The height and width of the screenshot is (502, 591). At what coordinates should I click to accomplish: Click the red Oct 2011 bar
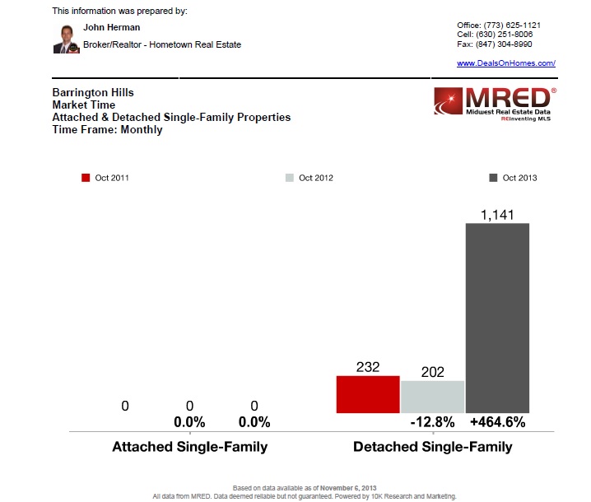pyautogui.click(x=368, y=394)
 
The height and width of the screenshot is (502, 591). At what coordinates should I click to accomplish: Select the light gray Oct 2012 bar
pyautogui.click(x=432, y=397)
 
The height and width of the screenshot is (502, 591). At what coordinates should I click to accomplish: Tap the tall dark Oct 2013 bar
pyautogui.click(x=497, y=318)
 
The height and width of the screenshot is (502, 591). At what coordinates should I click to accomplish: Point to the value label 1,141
pyautogui.click(x=497, y=214)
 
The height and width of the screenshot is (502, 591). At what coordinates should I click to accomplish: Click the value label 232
pyautogui.click(x=368, y=367)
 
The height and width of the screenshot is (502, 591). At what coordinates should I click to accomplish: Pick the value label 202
pyautogui.click(x=432, y=371)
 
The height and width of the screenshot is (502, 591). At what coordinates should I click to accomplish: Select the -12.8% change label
pyautogui.click(x=432, y=422)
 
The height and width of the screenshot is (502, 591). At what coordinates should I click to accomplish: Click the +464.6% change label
pyautogui.click(x=497, y=422)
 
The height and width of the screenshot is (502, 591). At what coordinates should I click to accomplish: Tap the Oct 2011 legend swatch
pyautogui.click(x=86, y=178)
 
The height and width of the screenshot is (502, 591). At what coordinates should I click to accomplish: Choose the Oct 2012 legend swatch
pyautogui.click(x=289, y=178)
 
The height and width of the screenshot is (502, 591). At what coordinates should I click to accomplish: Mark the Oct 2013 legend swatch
pyautogui.click(x=493, y=178)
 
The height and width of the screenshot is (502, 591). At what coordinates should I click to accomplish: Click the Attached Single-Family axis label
pyautogui.click(x=189, y=447)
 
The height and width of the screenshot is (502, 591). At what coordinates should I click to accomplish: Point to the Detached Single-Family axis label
pyautogui.click(x=432, y=447)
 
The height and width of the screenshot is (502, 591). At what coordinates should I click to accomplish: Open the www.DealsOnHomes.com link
pyautogui.click(x=506, y=63)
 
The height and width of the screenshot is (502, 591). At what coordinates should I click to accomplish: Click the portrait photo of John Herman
pyautogui.click(x=66, y=39)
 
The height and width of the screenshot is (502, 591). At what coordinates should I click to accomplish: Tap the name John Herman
pyautogui.click(x=112, y=27)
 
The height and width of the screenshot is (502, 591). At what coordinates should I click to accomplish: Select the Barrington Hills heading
pyautogui.click(x=92, y=93)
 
